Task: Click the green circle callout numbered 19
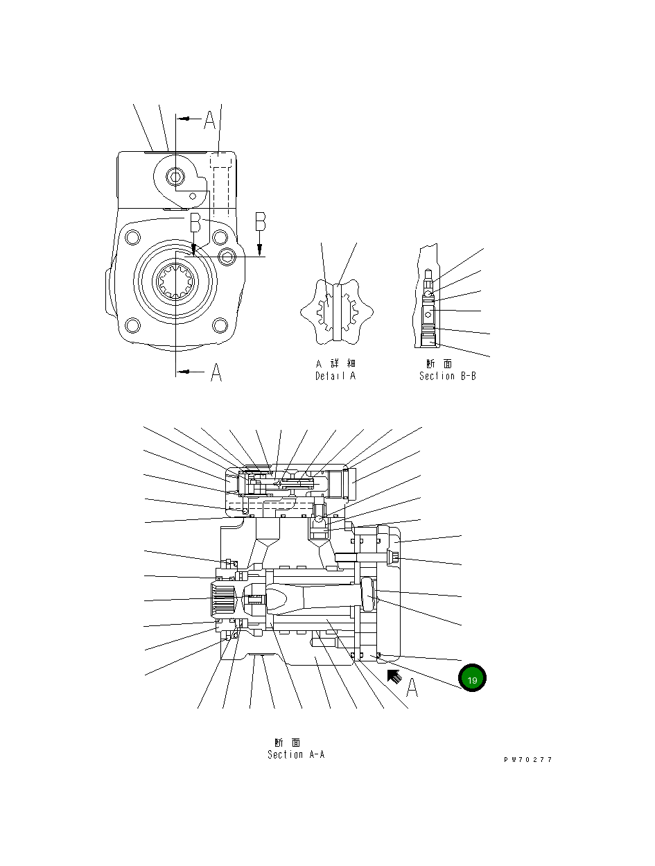click(472, 679)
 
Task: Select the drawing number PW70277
click(528, 760)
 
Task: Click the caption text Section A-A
click(296, 754)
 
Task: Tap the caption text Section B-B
click(447, 376)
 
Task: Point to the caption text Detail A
click(335, 376)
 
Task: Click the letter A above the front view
click(210, 121)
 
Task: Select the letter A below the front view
click(216, 373)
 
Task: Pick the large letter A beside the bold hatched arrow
click(412, 688)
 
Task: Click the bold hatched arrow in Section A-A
click(394, 676)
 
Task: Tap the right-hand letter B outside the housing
click(261, 222)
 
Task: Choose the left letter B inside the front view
click(195, 223)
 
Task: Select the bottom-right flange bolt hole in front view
click(220, 324)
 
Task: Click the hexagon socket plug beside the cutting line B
click(228, 258)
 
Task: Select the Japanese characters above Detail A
click(335, 363)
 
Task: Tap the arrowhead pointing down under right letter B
click(260, 251)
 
